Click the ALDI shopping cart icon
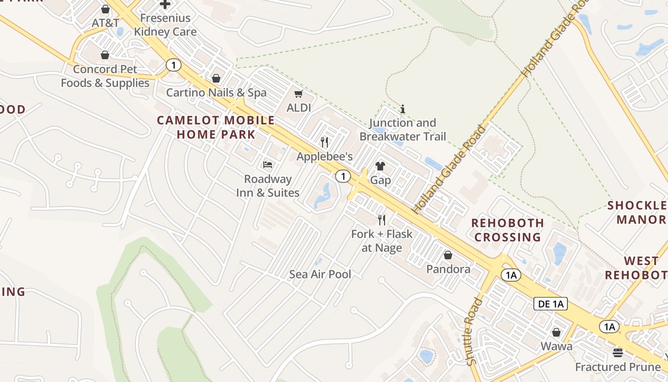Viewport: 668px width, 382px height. [299, 94]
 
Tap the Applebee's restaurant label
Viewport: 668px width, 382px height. [324, 156]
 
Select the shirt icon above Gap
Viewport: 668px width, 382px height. [380, 166]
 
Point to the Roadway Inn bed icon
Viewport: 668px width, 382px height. [268, 165]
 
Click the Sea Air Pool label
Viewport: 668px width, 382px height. [320, 274]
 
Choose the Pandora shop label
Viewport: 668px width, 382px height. [448, 269]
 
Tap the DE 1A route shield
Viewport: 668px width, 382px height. [550, 304]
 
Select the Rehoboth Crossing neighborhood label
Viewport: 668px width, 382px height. [508, 230]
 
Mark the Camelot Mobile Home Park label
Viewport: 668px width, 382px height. [216, 127]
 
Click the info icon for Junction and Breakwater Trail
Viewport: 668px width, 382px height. [403, 109]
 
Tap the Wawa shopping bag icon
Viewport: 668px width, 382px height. [556, 332]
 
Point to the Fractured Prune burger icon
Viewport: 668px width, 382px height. [618, 353]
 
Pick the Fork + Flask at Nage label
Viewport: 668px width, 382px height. [382, 241]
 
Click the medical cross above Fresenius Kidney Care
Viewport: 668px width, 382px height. [165, 5]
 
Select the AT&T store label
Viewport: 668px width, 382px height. [105, 23]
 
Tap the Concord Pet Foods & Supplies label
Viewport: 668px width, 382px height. [105, 76]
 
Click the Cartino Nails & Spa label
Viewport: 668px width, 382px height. [216, 92]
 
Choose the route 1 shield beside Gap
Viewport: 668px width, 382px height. [343, 176]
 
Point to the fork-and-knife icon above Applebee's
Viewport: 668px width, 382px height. [324, 142]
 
